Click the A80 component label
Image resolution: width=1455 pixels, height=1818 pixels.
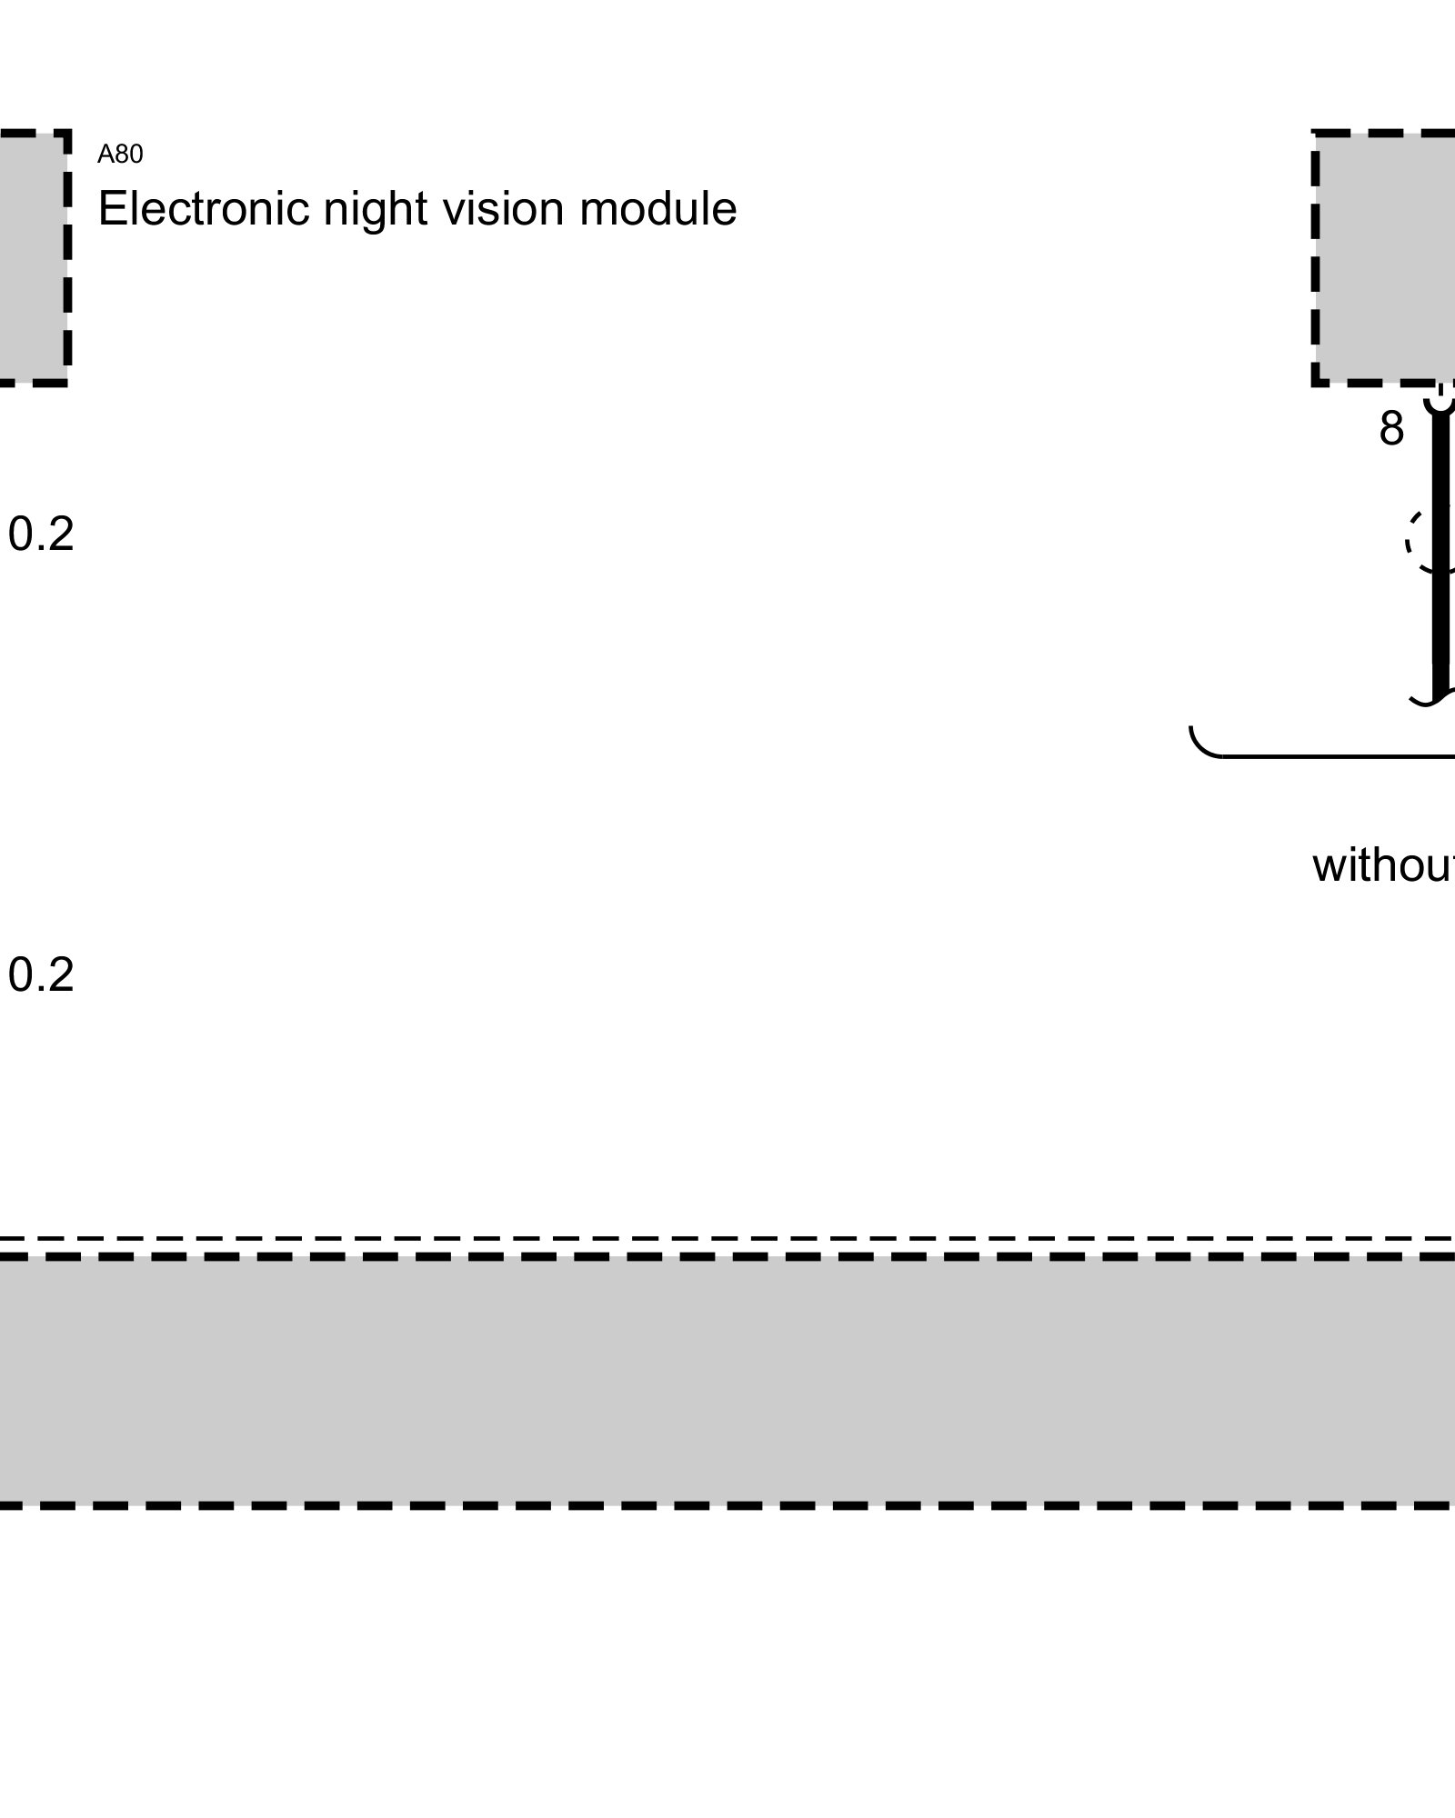point(120,155)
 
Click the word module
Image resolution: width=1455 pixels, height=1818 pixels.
point(657,209)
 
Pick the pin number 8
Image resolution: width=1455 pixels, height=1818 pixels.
point(1390,429)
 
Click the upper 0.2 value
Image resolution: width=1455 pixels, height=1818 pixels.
point(41,534)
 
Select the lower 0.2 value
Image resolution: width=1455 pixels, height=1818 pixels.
point(41,975)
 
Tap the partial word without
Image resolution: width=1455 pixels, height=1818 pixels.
point(1382,865)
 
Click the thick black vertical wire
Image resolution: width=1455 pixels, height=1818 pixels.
point(1440,618)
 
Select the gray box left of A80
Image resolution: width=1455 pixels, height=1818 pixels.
point(29,258)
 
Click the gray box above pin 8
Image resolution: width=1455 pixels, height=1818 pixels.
point(1387,258)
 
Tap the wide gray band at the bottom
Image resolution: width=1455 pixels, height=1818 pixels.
point(727,1381)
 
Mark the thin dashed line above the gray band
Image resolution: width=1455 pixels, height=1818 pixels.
point(727,1239)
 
